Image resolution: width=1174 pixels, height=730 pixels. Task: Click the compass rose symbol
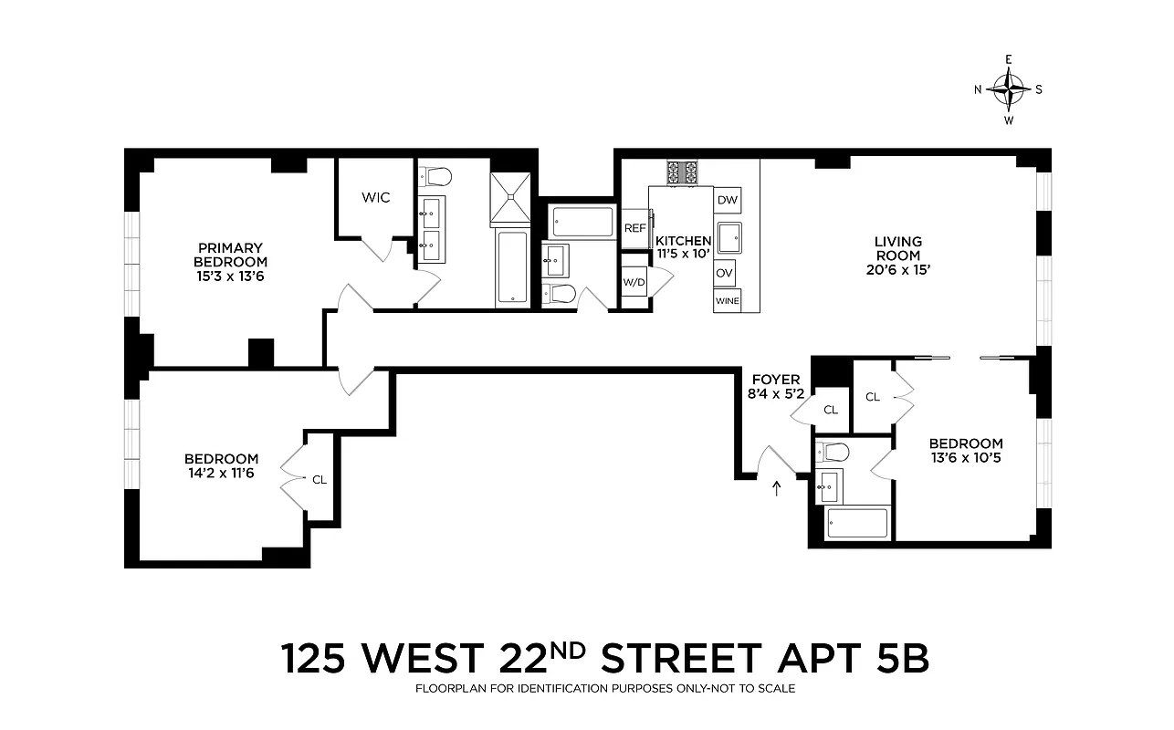coord(1008,89)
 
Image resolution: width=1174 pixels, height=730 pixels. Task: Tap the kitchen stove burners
coord(681,172)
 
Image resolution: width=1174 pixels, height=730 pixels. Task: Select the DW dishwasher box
coord(727,200)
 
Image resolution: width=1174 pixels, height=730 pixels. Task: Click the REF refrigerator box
coord(634,228)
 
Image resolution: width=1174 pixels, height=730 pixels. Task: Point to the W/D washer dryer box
coord(634,282)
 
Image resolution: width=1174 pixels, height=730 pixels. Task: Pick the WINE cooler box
coord(727,300)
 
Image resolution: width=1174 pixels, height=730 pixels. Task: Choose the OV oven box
coord(726,273)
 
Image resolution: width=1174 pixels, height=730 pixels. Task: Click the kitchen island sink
coord(729,237)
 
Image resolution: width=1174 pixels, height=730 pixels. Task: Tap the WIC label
coord(375,197)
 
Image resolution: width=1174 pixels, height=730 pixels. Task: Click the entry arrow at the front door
coord(777,488)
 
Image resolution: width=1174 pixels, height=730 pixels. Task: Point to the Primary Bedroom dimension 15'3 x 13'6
coord(230,275)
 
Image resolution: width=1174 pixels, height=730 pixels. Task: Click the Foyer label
coord(775,380)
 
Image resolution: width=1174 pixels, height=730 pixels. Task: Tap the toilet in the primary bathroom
coord(437,175)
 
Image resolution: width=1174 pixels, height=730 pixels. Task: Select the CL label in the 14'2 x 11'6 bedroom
coord(319,478)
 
